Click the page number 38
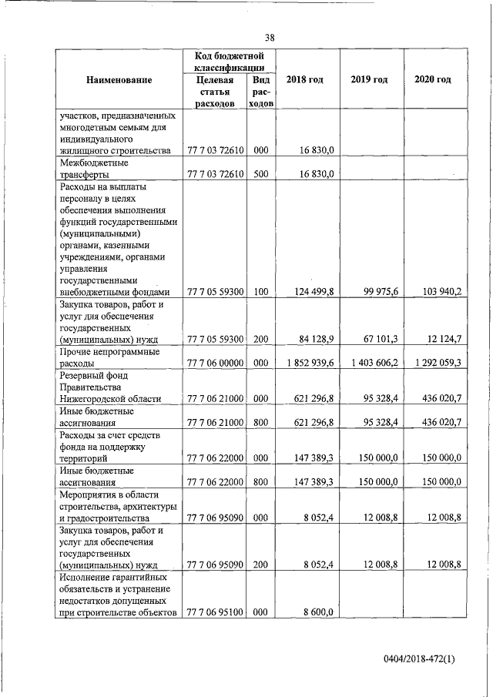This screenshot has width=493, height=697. tap(270, 38)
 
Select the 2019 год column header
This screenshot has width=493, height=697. tap(368, 80)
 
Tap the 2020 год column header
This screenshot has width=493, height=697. tap(432, 80)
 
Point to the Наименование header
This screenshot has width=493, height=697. tap(119, 80)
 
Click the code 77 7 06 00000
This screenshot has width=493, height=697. tap(216, 362)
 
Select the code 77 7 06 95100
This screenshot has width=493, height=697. tap(216, 612)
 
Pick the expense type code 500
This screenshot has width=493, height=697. tap(260, 174)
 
